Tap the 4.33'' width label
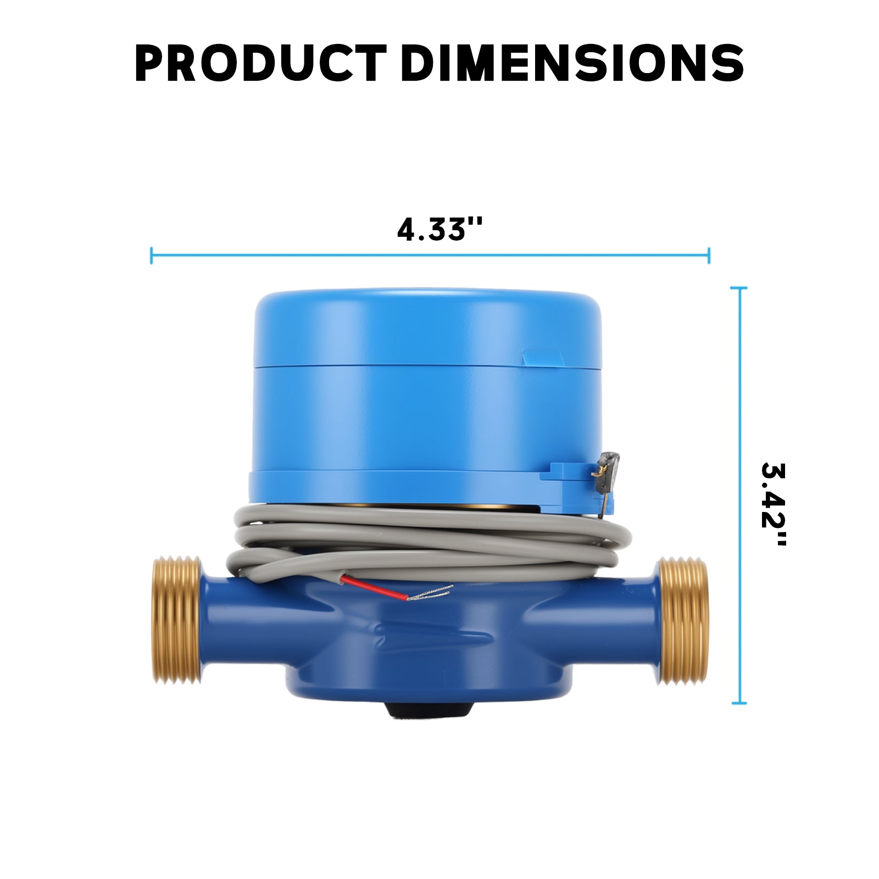point(439,229)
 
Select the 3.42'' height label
point(774,504)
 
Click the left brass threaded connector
point(176,620)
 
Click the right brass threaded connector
point(683,621)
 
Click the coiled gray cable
point(429,536)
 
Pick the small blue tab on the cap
point(543,358)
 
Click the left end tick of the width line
point(152,255)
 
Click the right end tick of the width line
point(709,255)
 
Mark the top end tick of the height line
point(739,288)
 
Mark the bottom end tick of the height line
point(739,703)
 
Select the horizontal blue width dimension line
point(429,255)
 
